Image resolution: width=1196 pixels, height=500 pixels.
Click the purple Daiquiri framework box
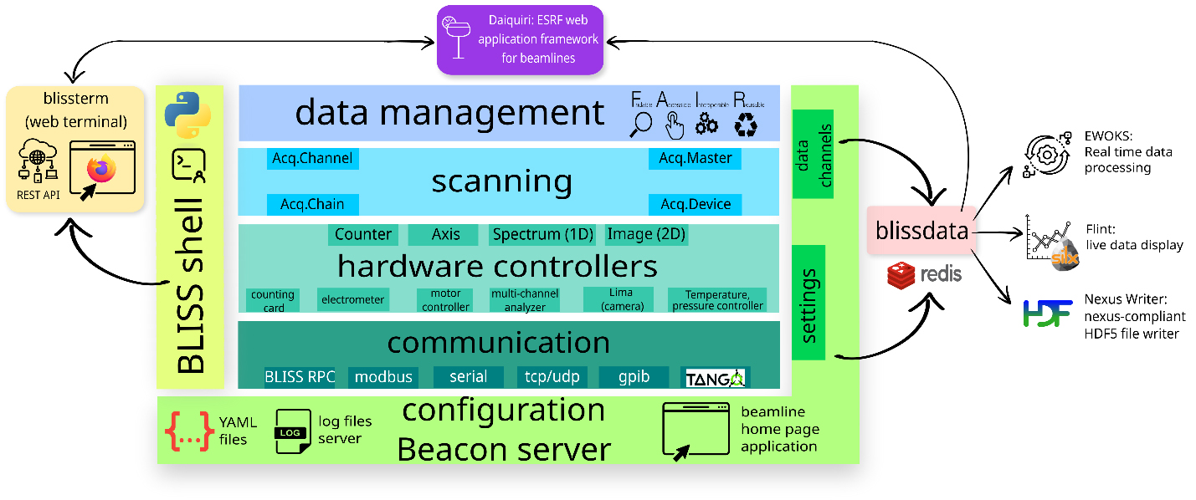[x=520, y=39]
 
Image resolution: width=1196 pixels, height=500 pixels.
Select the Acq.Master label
[x=695, y=158]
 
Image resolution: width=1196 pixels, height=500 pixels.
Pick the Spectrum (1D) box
[x=542, y=234]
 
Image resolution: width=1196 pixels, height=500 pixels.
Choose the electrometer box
[x=352, y=299]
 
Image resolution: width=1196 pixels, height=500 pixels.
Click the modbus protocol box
[x=383, y=377]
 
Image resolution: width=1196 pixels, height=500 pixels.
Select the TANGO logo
[x=715, y=378]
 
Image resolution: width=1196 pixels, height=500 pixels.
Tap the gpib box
[x=634, y=377]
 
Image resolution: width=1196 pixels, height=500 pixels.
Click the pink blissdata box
[x=921, y=231]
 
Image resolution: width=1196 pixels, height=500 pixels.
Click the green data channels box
[x=814, y=156]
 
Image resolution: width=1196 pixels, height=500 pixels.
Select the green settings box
[x=808, y=304]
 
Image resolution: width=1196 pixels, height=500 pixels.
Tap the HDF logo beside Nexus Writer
[x=1047, y=314]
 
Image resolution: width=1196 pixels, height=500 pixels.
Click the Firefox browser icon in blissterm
[x=102, y=169]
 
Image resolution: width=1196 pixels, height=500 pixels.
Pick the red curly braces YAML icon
[x=188, y=431]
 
